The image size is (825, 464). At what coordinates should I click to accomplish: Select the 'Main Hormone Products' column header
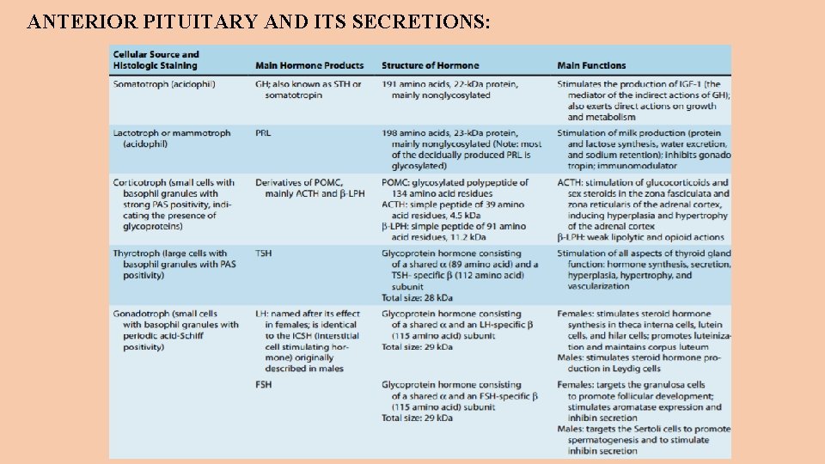309,66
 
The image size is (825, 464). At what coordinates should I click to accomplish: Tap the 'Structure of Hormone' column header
430,66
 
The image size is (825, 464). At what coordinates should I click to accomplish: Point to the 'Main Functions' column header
591,66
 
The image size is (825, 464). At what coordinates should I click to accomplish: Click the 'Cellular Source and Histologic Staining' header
156,60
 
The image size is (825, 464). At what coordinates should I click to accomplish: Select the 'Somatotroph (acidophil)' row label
164,84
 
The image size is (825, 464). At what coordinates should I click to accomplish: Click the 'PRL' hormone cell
263,133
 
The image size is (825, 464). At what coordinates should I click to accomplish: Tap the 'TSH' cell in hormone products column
263,253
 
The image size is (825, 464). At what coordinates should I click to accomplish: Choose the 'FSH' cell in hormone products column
263,384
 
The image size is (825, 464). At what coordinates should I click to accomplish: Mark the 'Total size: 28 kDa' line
417,297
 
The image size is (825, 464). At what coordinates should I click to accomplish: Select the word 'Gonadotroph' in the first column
141,314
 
